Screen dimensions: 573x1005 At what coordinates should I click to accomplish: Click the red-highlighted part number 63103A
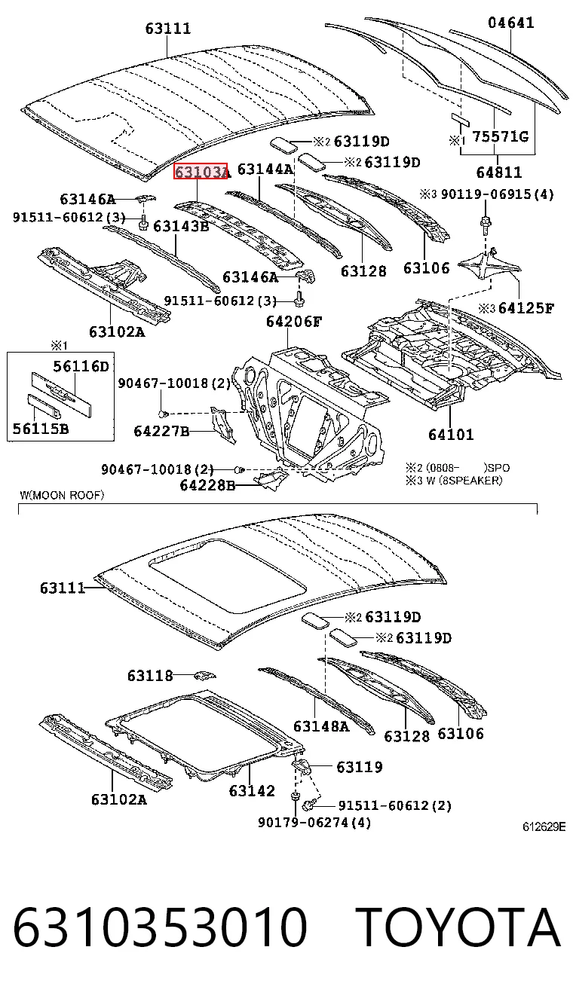tap(201, 171)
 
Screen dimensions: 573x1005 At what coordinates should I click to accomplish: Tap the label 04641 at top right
tap(511, 23)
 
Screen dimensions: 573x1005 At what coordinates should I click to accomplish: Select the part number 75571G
tap(501, 136)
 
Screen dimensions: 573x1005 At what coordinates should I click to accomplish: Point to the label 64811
tap(499, 172)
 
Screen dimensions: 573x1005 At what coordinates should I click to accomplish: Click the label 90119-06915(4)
tap(497, 194)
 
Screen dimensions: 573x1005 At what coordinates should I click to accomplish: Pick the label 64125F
tap(526, 308)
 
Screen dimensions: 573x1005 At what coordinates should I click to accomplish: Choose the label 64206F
tap(294, 321)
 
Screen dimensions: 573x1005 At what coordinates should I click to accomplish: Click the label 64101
tap(451, 434)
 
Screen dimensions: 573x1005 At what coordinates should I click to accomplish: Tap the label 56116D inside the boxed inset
tap(81, 366)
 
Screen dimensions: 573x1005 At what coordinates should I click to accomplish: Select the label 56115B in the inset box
tap(41, 429)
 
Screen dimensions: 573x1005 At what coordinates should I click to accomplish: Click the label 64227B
tap(161, 431)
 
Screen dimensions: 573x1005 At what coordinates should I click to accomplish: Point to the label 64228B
tap(207, 485)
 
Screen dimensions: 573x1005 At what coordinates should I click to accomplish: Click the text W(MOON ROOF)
tap(62, 495)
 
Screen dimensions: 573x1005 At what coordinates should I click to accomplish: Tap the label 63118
tap(150, 675)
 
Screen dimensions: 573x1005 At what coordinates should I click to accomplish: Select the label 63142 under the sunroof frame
tap(252, 790)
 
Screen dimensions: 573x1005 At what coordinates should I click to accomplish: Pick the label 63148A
tap(321, 726)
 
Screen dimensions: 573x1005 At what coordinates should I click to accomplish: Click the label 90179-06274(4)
tap(314, 823)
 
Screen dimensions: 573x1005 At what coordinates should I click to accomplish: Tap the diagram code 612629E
tap(544, 826)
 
